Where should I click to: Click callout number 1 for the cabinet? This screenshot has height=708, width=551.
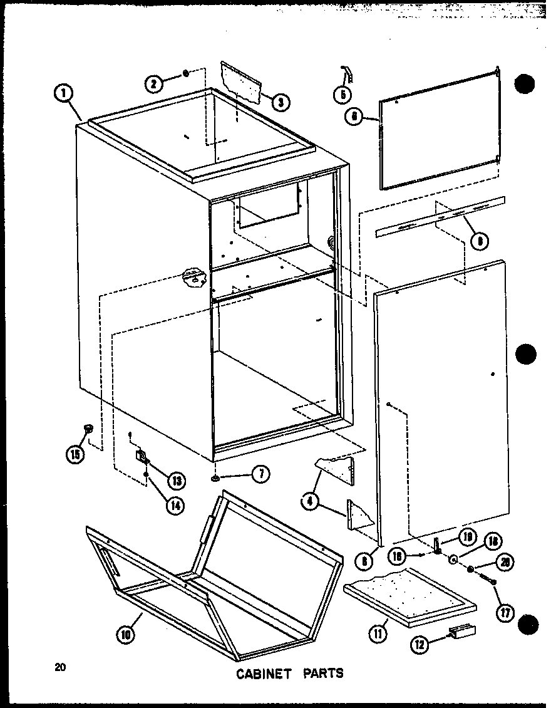pos(63,93)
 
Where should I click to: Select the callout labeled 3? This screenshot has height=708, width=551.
pos(280,101)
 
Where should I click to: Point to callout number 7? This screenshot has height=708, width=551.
pos(259,474)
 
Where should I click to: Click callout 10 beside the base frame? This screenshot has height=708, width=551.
pos(125,633)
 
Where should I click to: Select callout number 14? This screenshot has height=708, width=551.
pos(176,505)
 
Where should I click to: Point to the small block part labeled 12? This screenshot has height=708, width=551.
pos(462,632)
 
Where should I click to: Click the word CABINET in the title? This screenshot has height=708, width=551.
pos(262,674)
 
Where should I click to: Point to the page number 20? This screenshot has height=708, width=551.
pos(60,667)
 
